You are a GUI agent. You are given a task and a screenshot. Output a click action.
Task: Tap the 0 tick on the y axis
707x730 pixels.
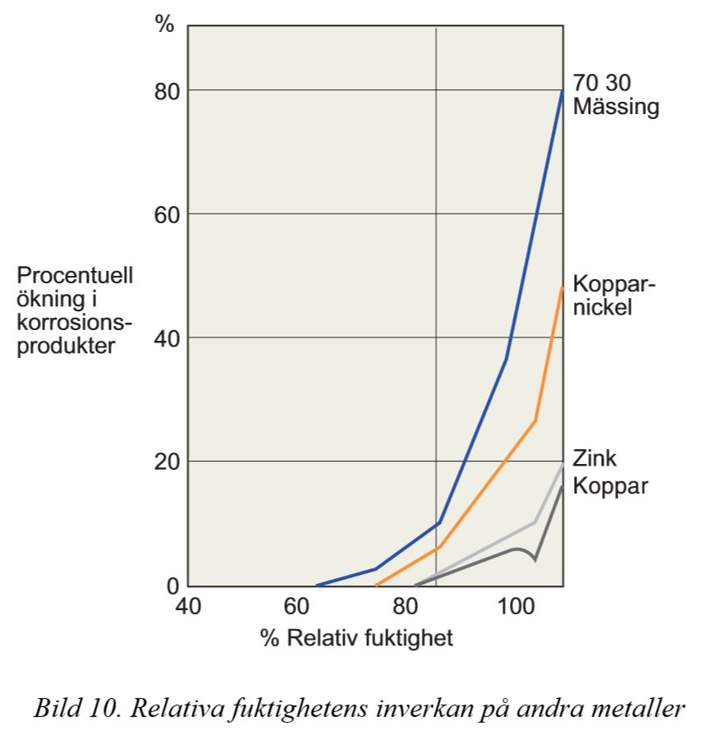point(172,585)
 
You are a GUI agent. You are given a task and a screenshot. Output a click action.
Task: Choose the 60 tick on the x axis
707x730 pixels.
point(299,609)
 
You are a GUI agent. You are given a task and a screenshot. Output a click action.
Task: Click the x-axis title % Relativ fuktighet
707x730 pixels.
point(356,638)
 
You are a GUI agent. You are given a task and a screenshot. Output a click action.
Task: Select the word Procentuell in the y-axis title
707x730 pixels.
point(75,275)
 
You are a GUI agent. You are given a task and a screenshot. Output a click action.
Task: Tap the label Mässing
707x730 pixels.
point(616,107)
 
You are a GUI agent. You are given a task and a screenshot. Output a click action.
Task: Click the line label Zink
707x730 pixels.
point(595,458)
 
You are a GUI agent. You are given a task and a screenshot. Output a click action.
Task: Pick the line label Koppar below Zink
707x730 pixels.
point(610,485)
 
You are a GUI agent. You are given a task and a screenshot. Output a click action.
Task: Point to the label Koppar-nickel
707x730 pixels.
point(614,296)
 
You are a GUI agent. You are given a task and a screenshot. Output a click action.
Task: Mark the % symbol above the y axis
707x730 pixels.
point(165,25)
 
